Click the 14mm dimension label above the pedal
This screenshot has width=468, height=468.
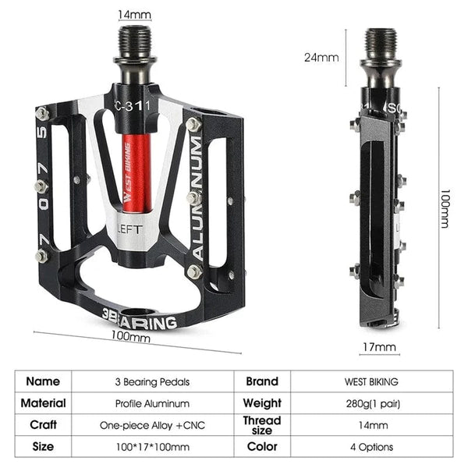point(135,15)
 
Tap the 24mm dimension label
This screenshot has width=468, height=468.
point(321,57)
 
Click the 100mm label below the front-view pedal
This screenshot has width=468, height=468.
point(131,337)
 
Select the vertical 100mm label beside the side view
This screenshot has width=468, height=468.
point(444,211)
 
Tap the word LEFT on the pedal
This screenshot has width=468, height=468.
point(129,229)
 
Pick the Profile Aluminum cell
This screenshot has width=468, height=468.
point(152,403)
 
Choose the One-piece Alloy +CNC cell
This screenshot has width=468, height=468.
point(152,426)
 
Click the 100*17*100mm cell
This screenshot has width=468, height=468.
point(152,447)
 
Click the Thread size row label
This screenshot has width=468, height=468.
point(262,426)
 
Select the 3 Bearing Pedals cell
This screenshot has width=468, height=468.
point(152,382)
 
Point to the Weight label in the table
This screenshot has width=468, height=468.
point(262,403)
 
